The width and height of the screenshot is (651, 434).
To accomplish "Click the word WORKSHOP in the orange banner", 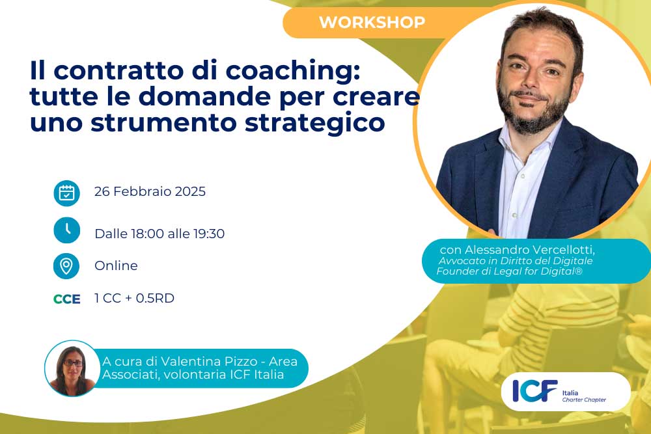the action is [372, 22].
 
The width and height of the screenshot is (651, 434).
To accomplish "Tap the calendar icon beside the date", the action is [67, 193].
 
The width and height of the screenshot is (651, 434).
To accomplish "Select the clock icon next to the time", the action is [67, 230].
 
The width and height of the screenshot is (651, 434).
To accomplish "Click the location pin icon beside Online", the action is [66, 266].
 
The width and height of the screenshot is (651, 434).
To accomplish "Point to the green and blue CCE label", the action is [67, 299].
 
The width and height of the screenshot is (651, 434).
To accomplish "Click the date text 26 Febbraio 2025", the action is [150, 191].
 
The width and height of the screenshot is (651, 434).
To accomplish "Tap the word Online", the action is [116, 265].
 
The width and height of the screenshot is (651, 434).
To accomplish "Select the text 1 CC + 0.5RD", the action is [135, 298].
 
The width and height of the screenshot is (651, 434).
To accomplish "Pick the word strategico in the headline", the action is [314, 123].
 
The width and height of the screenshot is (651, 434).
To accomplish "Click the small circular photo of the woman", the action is [72, 368].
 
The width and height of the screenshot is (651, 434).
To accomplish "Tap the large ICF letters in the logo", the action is [534, 391].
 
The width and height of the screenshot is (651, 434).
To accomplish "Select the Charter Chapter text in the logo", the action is [584, 400].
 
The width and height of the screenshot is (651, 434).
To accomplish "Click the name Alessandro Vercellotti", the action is [529, 250].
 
